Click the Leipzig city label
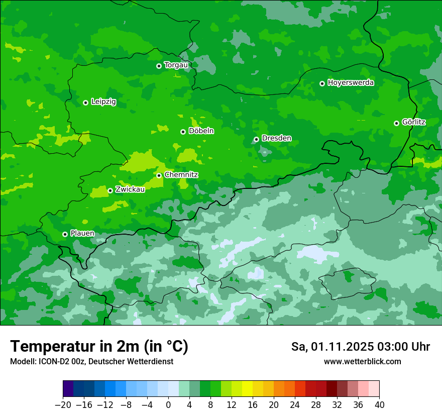(103, 102)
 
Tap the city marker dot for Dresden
(256, 139)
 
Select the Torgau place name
(176, 65)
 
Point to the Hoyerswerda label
(351, 83)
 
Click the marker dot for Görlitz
(396, 123)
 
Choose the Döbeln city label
(201, 131)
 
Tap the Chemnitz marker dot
(159, 175)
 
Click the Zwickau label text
(130, 190)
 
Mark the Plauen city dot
(65, 234)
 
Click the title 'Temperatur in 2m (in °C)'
(99, 346)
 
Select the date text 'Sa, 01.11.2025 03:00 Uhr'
(360, 347)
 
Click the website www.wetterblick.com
(362, 362)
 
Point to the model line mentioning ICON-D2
(91, 362)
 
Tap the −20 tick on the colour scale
(63, 405)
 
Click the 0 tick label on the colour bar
(168, 405)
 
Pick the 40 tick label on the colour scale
(379, 405)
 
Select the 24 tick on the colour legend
(295, 405)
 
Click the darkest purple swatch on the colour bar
(68, 389)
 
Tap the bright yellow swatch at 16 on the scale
(247, 389)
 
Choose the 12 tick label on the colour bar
(232, 405)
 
